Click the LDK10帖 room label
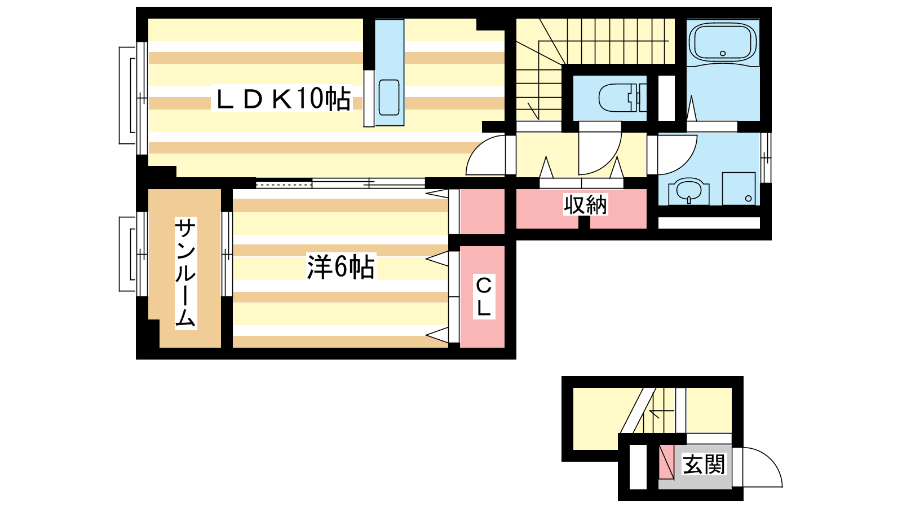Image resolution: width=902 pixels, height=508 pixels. (282, 99)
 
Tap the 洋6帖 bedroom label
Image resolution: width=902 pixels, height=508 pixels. (341, 266)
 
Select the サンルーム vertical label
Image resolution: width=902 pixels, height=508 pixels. (185, 273)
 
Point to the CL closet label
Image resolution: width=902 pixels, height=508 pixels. (484, 296)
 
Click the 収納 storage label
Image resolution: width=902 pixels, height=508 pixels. (585, 205)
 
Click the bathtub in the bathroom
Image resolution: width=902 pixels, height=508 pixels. (723, 42)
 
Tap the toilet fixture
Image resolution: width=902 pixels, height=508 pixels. (622, 98)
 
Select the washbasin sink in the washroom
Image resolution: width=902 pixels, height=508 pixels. (688, 191)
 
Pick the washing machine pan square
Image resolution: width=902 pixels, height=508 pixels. (739, 189)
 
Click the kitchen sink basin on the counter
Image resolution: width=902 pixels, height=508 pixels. (389, 97)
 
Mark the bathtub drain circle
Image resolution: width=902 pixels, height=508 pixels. (722, 53)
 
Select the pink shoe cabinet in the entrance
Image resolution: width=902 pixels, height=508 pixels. (666, 462)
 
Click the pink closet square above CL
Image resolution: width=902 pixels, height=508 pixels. (482, 211)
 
